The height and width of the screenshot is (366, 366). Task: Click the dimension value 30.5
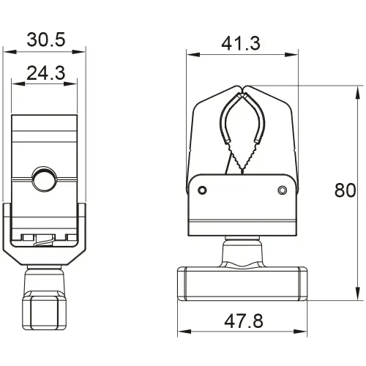[x=45, y=39]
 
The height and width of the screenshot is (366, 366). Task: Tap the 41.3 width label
[x=241, y=43]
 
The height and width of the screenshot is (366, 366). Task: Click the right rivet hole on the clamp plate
[x=283, y=191]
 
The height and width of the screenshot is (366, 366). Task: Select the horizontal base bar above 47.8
[x=241, y=283]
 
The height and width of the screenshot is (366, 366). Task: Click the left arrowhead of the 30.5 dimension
[x=6, y=51]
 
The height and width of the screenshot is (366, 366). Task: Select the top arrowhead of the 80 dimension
[x=359, y=88]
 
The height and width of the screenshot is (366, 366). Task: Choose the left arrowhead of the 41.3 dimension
[x=189, y=54]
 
